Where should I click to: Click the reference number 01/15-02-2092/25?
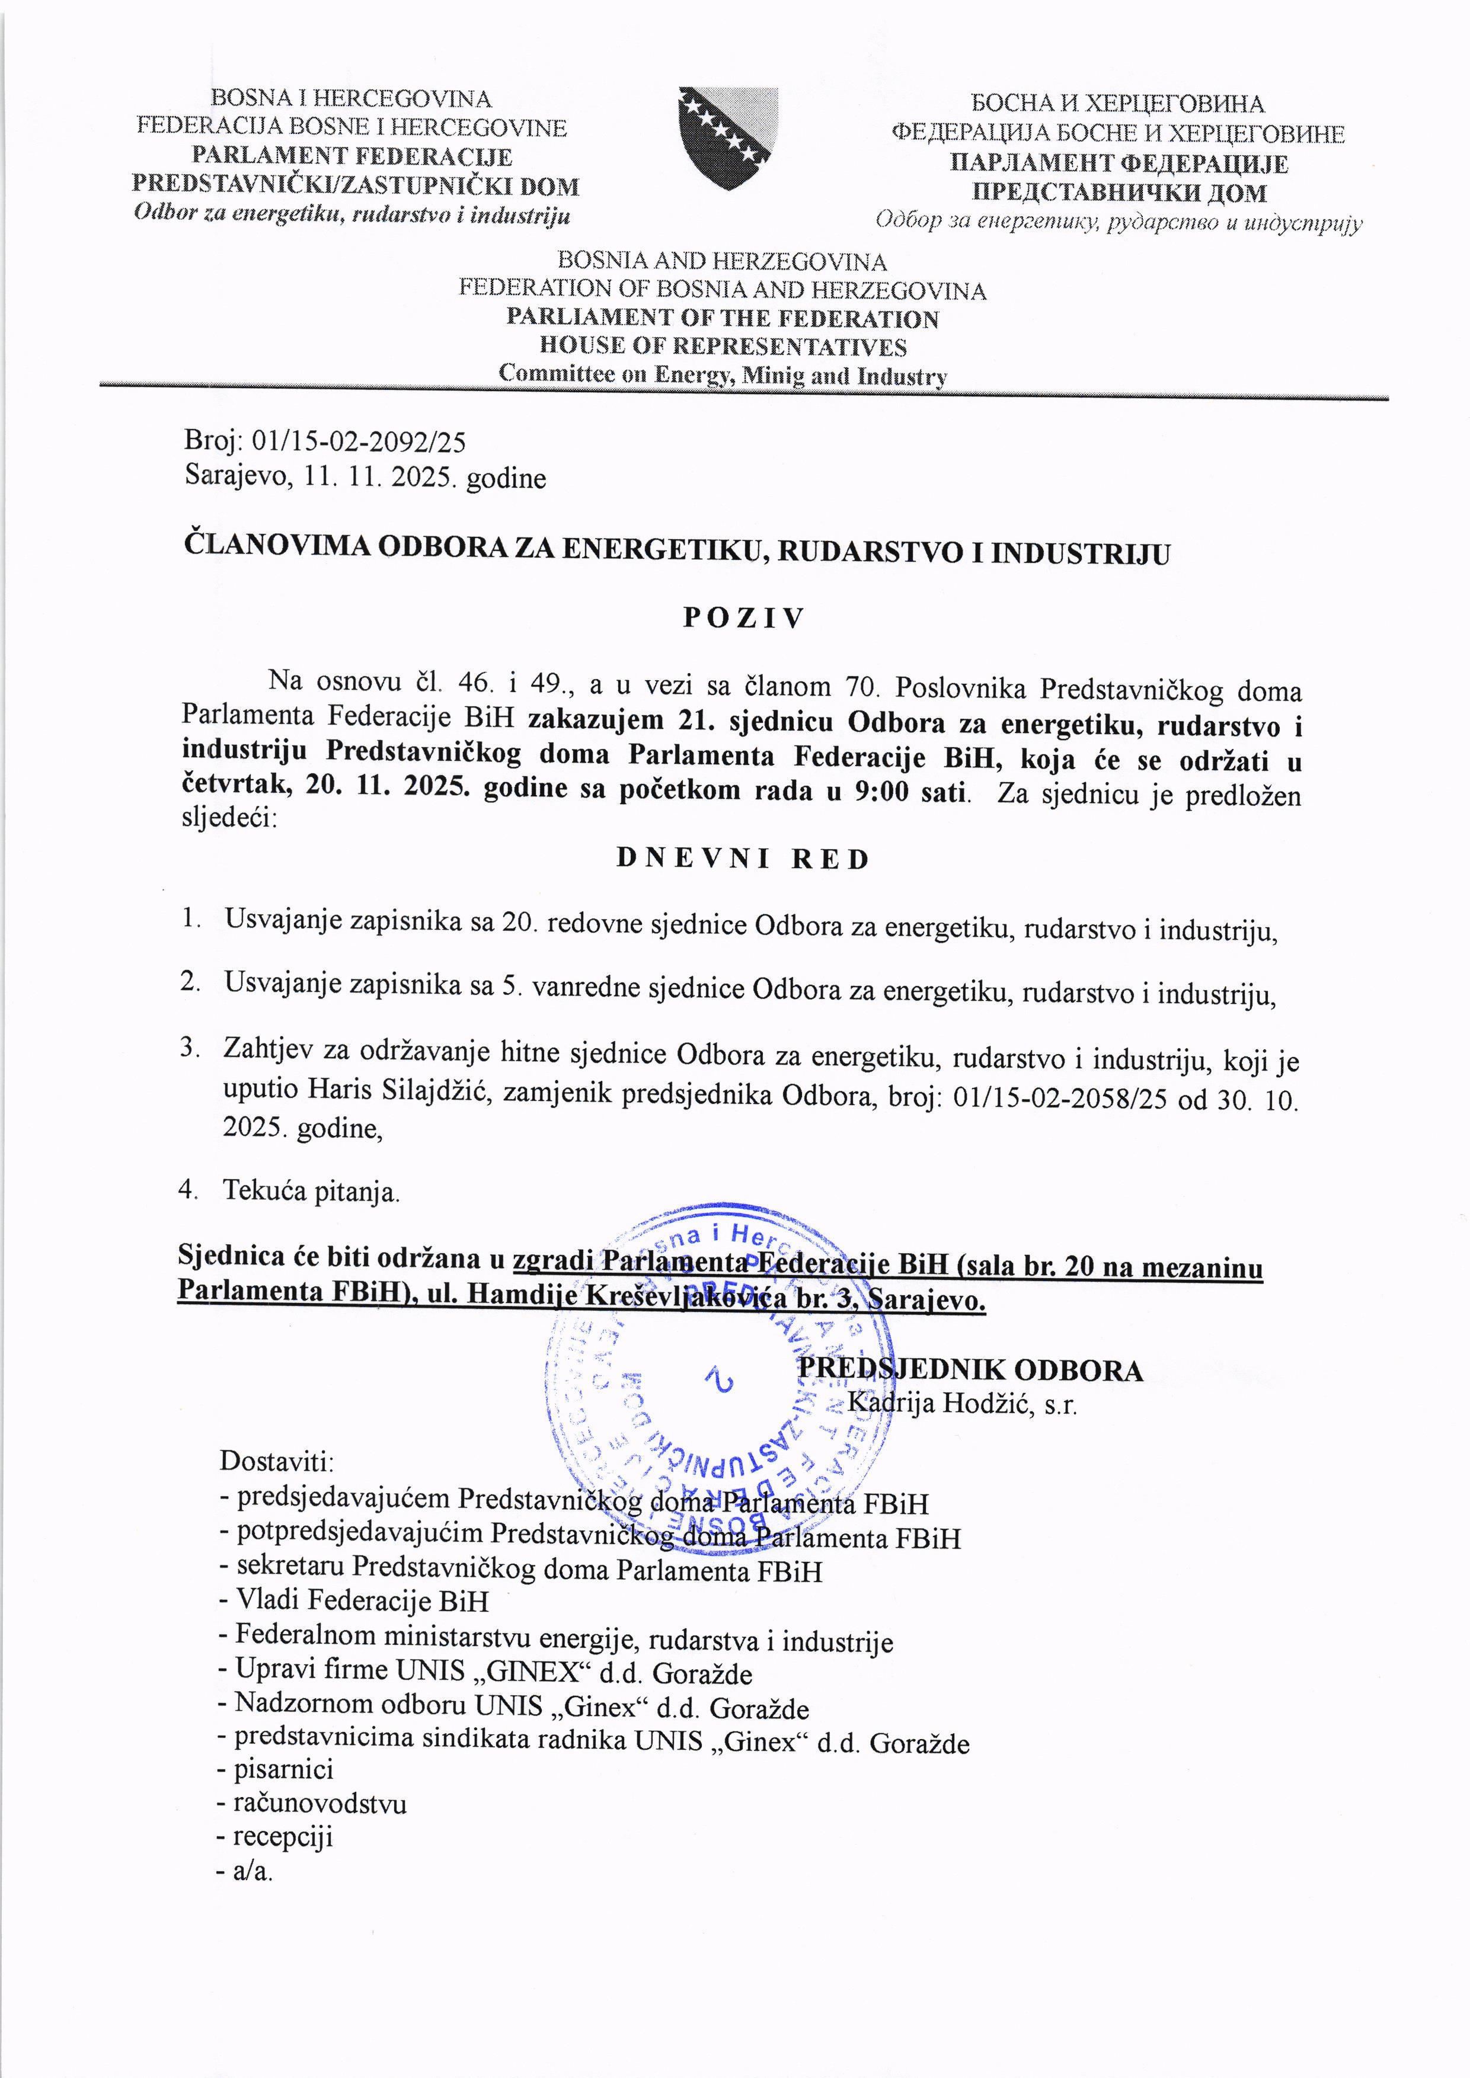[359, 441]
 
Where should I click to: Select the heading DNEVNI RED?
[742, 859]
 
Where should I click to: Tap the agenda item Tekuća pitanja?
[311, 1191]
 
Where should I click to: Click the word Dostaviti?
[277, 1461]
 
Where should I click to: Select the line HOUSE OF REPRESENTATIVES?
[723, 347]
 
